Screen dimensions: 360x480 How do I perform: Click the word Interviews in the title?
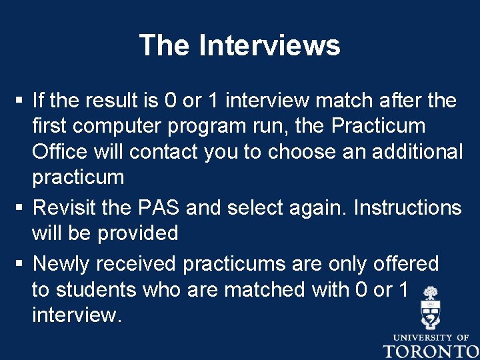point(269,46)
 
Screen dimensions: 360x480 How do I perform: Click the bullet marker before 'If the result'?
point(21,101)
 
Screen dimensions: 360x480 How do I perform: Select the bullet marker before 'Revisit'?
point(21,208)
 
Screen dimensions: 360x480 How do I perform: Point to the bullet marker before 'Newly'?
point(21,264)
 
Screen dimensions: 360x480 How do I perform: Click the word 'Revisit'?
point(64,207)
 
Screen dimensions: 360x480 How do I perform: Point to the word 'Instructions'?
point(407,207)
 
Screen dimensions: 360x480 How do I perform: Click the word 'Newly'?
point(61,264)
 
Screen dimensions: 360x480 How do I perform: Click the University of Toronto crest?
point(430,308)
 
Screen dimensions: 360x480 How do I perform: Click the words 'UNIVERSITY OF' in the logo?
point(430,337)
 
